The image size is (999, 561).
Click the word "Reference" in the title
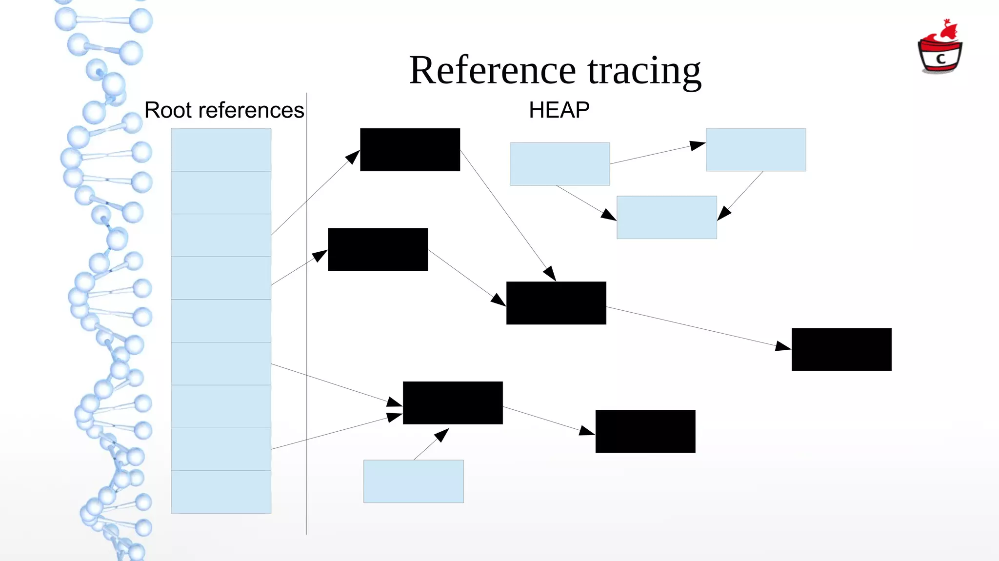tap(493, 71)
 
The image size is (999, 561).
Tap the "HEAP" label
tap(559, 110)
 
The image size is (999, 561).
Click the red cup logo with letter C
tap(940, 49)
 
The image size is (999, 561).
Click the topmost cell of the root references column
tap(221, 149)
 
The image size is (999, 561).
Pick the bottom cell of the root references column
tap(221, 492)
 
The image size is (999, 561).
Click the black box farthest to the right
tap(841, 349)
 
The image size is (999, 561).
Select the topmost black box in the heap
tap(410, 149)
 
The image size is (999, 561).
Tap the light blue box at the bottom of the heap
tap(413, 481)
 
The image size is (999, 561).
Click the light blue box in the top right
tap(756, 149)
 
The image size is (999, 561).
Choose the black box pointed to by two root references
tap(453, 402)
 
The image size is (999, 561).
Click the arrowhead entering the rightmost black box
tap(783, 346)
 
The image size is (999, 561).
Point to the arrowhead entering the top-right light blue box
tap(698, 145)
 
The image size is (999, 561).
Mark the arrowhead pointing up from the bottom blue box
tap(441, 434)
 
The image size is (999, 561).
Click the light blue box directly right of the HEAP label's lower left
tap(559, 164)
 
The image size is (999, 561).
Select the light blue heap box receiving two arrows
tap(666, 218)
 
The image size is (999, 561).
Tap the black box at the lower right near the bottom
tap(645, 431)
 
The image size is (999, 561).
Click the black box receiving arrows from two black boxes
tap(556, 303)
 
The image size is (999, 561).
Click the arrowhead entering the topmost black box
tap(353, 157)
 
